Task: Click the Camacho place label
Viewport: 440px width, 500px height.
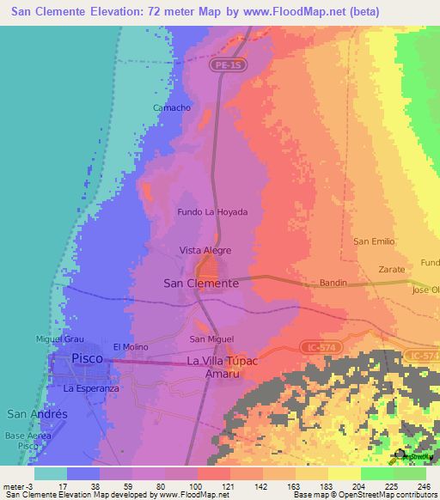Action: (x=171, y=107)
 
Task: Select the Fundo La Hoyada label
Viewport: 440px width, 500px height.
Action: (x=211, y=211)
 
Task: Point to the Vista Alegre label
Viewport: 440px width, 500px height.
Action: (x=205, y=250)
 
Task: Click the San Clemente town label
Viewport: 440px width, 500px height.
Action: (x=200, y=283)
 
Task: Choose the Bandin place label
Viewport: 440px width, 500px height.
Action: (x=333, y=283)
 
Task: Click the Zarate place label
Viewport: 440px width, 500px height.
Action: (x=391, y=269)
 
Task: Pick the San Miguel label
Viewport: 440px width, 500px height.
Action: (x=211, y=339)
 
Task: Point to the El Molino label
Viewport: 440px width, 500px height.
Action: (x=130, y=346)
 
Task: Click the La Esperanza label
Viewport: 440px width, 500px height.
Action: (x=90, y=388)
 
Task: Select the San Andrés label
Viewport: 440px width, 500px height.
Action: (x=37, y=414)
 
